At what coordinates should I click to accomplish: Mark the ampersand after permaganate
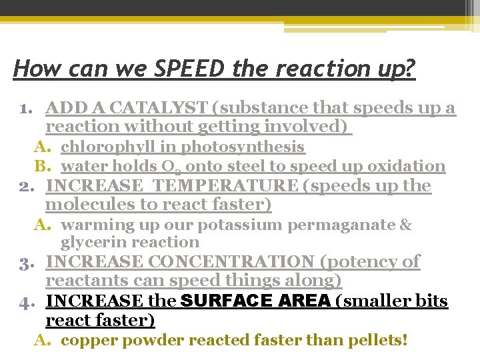[406, 225]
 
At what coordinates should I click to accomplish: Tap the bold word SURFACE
[225, 301]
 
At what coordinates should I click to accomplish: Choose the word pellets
[372, 341]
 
